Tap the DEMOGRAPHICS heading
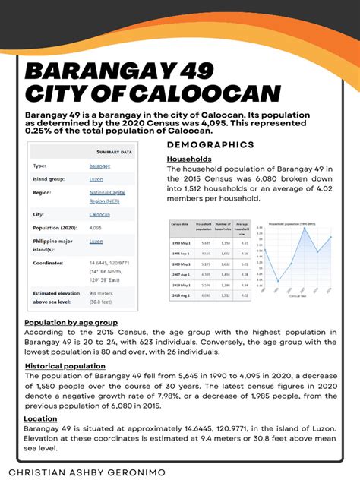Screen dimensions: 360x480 coord(210,144)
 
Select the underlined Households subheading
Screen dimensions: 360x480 coord(189,159)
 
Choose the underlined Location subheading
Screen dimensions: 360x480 coord(40,418)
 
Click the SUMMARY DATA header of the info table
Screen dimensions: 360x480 coord(115,151)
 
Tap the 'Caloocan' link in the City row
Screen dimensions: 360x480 coord(100,214)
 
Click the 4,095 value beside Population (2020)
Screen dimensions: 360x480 coord(96,227)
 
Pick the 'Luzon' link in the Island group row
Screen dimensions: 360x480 coord(96,179)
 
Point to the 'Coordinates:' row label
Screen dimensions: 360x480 coord(49,262)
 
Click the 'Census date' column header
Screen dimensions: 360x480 coord(180,227)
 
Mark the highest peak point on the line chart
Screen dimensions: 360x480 coord(305,229)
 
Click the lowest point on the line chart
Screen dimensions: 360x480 coord(278,281)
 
